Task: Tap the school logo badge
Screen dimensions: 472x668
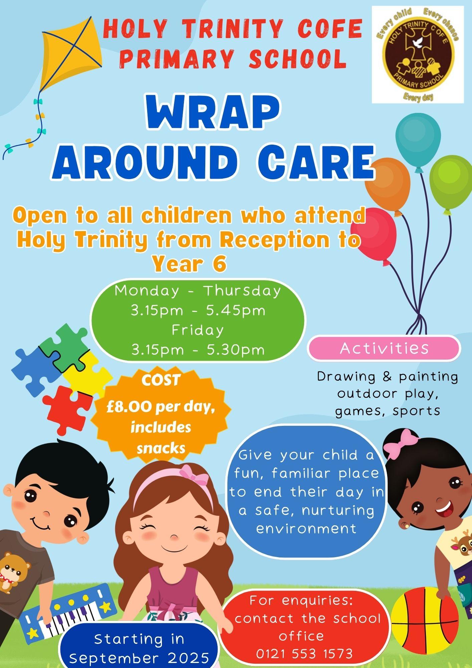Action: [x=418, y=54]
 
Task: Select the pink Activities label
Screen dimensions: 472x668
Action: [x=384, y=348]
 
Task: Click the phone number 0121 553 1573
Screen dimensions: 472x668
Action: [x=304, y=653]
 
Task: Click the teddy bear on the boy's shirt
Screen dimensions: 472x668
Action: [x=13, y=571]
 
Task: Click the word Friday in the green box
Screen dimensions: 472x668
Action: [x=198, y=330]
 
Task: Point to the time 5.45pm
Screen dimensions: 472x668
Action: [x=236, y=311]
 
